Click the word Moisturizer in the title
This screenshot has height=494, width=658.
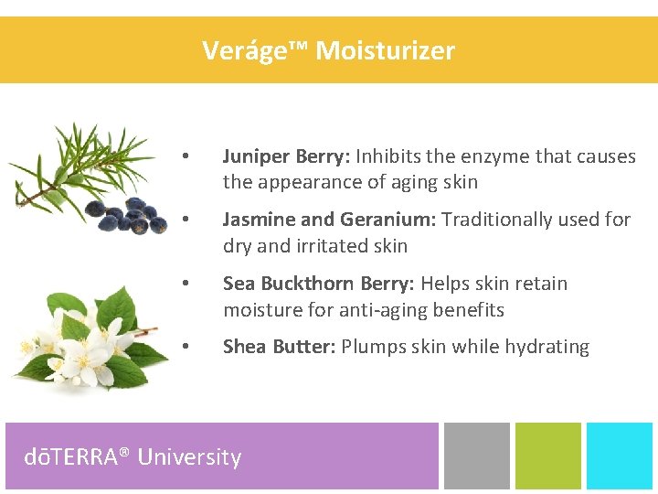385,50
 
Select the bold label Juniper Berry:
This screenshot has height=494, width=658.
286,156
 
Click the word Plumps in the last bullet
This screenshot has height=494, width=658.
373,347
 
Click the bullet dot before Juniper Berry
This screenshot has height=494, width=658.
185,156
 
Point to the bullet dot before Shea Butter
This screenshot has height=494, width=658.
185,347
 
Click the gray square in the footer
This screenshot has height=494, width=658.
476,455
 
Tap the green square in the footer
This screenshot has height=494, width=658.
547,455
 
